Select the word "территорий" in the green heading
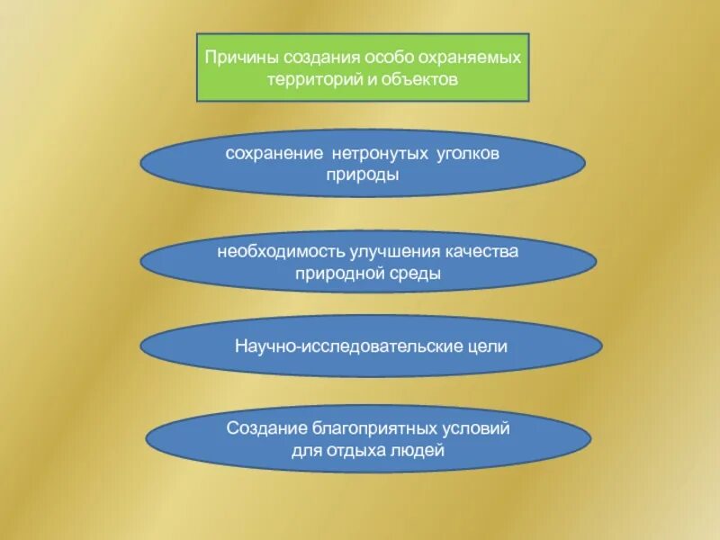[303, 79]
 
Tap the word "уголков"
[466, 154]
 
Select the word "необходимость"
[274, 251]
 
